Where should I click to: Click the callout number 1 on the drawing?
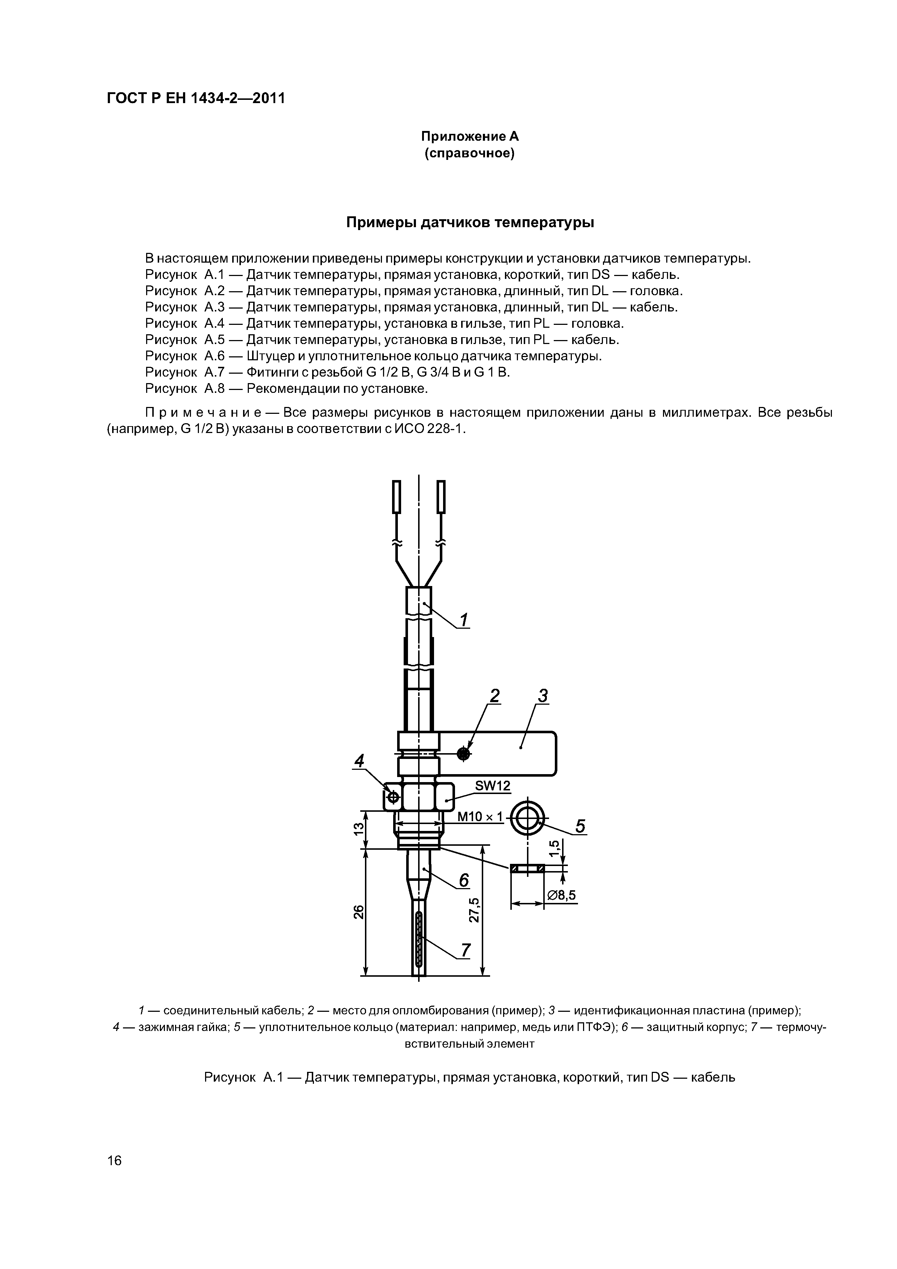pyautogui.click(x=464, y=620)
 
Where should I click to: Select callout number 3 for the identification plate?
pyautogui.click(x=543, y=696)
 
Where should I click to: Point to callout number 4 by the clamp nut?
pyautogui.click(x=360, y=761)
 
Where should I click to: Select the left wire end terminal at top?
pyautogui.click(x=396, y=496)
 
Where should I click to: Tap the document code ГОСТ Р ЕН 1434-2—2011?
pyautogui.click(x=196, y=98)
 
